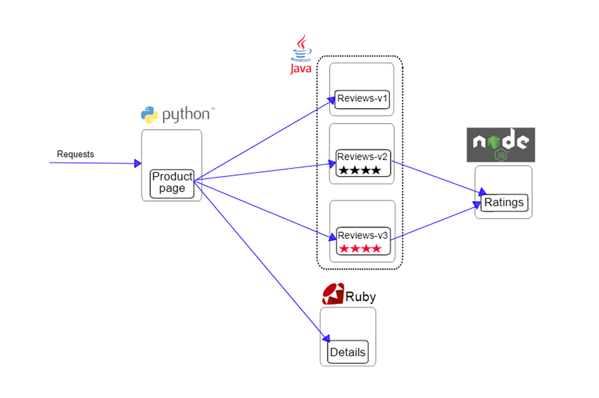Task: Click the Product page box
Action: coord(172,183)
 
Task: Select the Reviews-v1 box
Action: coord(363,98)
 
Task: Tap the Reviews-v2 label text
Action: coord(363,157)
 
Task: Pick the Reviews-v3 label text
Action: coord(363,235)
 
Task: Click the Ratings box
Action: coord(504,202)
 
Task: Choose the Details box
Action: coord(348,352)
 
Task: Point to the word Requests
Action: coord(75,154)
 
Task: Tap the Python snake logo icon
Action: coord(149,114)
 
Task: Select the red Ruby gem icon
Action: coord(333,293)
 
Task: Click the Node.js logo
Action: coord(500,144)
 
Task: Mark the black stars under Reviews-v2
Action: coord(360,171)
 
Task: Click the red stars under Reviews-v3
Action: coord(360,248)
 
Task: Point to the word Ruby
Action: coord(361,297)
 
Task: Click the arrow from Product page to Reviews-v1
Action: coord(263,140)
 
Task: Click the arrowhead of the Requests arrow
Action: coord(138,163)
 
